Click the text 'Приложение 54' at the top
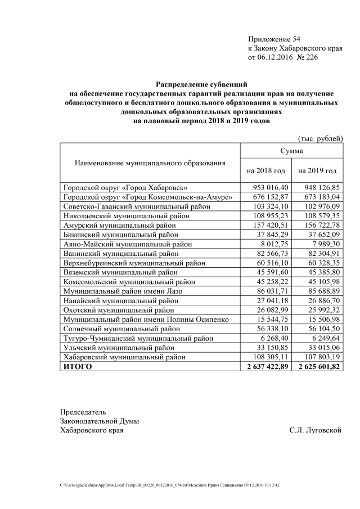click(274, 39)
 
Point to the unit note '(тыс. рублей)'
click(319, 138)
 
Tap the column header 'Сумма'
click(291, 151)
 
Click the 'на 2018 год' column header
click(266, 170)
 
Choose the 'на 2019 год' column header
click(317, 170)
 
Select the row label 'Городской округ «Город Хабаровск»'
click(125, 187)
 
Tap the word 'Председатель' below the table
click(83, 412)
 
